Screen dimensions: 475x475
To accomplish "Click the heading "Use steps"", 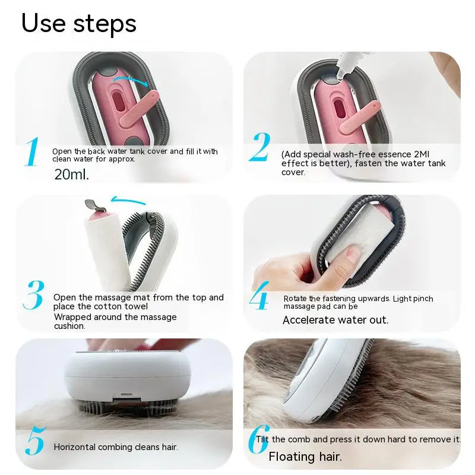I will click(x=79, y=23).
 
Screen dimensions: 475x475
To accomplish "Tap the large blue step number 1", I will click(x=32, y=152).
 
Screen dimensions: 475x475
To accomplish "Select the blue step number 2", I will click(x=259, y=148).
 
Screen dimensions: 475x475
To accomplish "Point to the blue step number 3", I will click(x=34, y=296).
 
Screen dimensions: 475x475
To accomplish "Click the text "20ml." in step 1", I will click(x=71, y=175).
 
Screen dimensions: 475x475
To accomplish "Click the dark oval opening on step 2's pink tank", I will click(x=340, y=109).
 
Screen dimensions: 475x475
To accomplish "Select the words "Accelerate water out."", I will click(x=335, y=320).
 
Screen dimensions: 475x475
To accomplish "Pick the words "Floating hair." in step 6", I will click(x=305, y=457).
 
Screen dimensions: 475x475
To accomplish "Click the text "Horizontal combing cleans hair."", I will click(x=116, y=447).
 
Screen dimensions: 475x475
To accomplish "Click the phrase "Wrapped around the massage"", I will click(x=115, y=316).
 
